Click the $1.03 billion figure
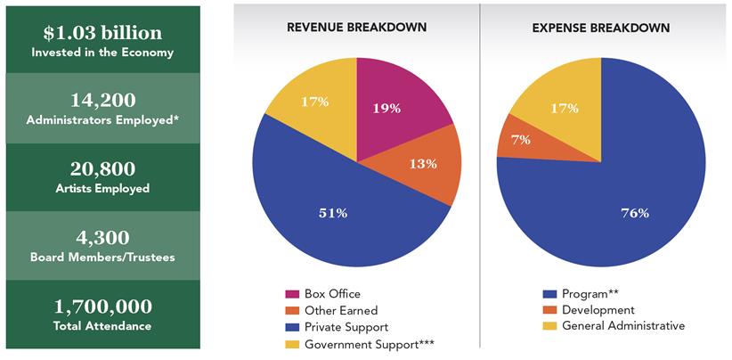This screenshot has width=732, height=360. pyautogui.click(x=102, y=33)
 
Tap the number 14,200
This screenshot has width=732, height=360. pyautogui.click(x=102, y=100)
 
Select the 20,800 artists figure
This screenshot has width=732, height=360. pyautogui.click(x=102, y=168)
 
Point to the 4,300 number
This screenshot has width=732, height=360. pyautogui.click(x=102, y=237)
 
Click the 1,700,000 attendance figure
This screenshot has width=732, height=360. pyautogui.click(x=102, y=307)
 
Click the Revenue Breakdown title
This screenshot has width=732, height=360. pyautogui.click(x=356, y=28)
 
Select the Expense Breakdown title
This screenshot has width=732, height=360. pyautogui.click(x=601, y=28)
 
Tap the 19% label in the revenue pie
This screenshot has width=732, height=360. pyautogui.click(x=385, y=108)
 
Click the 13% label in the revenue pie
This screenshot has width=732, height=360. pyautogui.click(x=422, y=163)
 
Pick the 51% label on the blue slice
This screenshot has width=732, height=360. pyautogui.click(x=332, y=212)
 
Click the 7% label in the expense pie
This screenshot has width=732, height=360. pyautogui.click(x=520, y=139)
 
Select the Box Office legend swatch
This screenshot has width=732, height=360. pyautogui.click(x=292, y=294)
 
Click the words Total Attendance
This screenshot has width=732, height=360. pyautogui.click(x=102, y=326)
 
